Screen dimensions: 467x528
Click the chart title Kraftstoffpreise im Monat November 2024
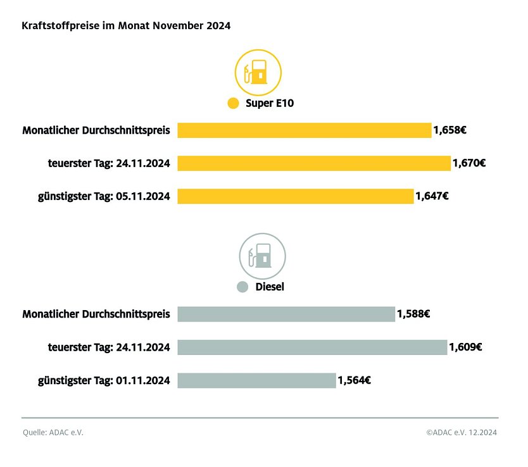click(127, 27)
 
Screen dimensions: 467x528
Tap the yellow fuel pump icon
click(258, 72)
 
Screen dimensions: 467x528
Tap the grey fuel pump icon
click(262, 256)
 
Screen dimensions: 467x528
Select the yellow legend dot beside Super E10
click(233, 103)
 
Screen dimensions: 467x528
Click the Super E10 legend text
click(270, 103)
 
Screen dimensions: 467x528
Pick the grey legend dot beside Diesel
click(242, 287)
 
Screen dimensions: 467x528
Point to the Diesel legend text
click(270, 287)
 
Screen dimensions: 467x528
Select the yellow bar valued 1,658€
click(304, 130)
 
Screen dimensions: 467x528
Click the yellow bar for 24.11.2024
click(313, 163)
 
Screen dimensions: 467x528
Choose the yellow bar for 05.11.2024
click(295, 196)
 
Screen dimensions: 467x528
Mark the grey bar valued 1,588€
click(286, 314)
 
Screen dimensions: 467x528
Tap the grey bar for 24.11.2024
click(312, 347)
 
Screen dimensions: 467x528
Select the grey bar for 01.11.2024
click(256, 380)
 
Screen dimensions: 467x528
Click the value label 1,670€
click(469, 163)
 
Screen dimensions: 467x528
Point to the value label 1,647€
click(432, 196)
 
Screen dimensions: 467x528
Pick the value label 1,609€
click(465, 347)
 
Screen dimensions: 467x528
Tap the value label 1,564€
click(354, 380)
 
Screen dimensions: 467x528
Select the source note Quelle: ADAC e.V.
click(53, 433)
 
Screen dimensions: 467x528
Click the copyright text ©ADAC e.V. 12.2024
click(462, 433)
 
